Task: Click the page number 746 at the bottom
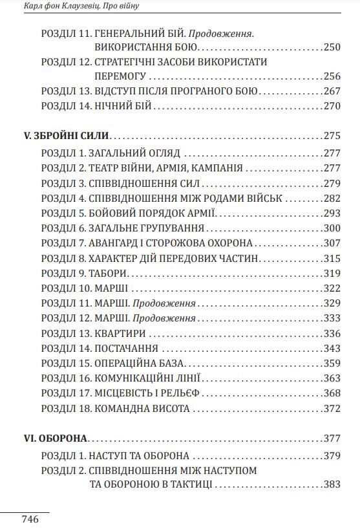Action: tap(30, 519)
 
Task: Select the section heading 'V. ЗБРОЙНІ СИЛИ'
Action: tap(66, 136)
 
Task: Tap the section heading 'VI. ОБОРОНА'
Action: tap(56, 438)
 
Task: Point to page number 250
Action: tap(332, 47)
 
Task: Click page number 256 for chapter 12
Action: tap(332, 76)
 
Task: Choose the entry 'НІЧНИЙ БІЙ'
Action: tap(123, 106)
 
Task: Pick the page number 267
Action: tap(332, 91)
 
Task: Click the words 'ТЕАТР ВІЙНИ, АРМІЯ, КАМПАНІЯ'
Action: tap(169, 168)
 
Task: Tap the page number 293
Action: tap(332, 213)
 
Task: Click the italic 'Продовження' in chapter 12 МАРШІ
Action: tap(164, 318)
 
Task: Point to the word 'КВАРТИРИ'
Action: tap(120, 334)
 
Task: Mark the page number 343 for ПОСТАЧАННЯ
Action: tap(332, 349)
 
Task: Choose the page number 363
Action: tap(332, 378)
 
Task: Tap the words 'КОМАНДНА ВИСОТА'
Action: tap(142, 409)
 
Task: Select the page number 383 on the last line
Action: tap(332, 484)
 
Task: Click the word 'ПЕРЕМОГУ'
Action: tap(120, 76)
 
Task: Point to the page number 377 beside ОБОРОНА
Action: tap(332, 438)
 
